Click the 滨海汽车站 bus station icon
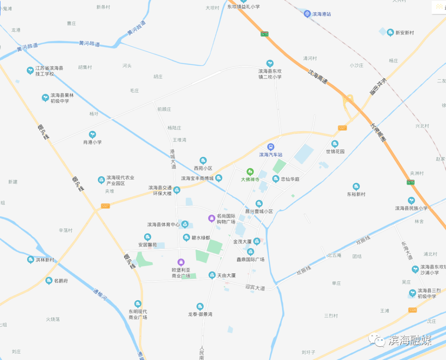270,147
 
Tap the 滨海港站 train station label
322,14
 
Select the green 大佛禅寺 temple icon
250,171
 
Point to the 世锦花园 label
335,152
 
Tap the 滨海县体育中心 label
164,225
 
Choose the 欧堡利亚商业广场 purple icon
180,262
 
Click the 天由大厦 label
226,275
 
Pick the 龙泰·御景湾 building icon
200,306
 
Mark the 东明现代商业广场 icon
138,304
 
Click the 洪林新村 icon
31,260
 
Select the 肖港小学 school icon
93,135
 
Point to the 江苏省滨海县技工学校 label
49,71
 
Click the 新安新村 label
404,32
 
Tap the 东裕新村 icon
356,187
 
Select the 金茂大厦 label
242,242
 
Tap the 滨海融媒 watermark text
409,341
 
